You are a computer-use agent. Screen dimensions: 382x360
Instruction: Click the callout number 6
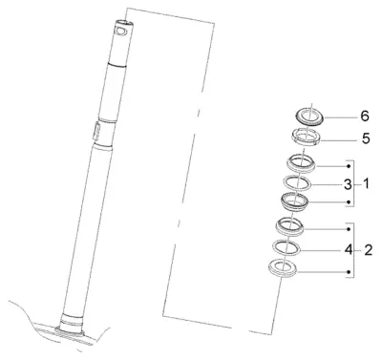pyautogui.click(x=365, y=116)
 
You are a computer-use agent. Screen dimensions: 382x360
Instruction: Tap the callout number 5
pyautogui.click(x=366, y=138)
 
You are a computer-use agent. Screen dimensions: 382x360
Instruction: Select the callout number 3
pyautogui.click(x=348, y=184)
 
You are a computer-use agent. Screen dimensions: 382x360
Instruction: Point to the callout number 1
pyautogui.click(x=366, y=183)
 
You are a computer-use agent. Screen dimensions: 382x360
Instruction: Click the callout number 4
pyautogui.click(x=349, y=250)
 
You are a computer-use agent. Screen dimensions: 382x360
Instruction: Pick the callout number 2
pyautogui.click(x=368, y=250)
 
